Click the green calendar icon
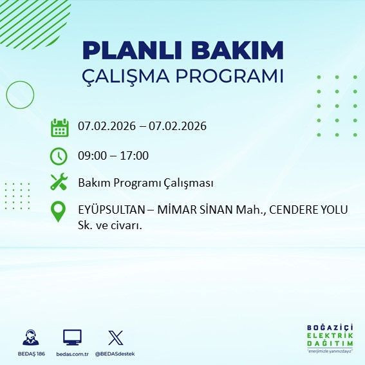59,127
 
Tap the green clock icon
59,156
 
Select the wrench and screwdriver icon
59,183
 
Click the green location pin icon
59,212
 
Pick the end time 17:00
135,156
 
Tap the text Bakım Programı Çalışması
145,183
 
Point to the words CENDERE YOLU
309,210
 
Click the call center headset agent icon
30,337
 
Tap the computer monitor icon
71,337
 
